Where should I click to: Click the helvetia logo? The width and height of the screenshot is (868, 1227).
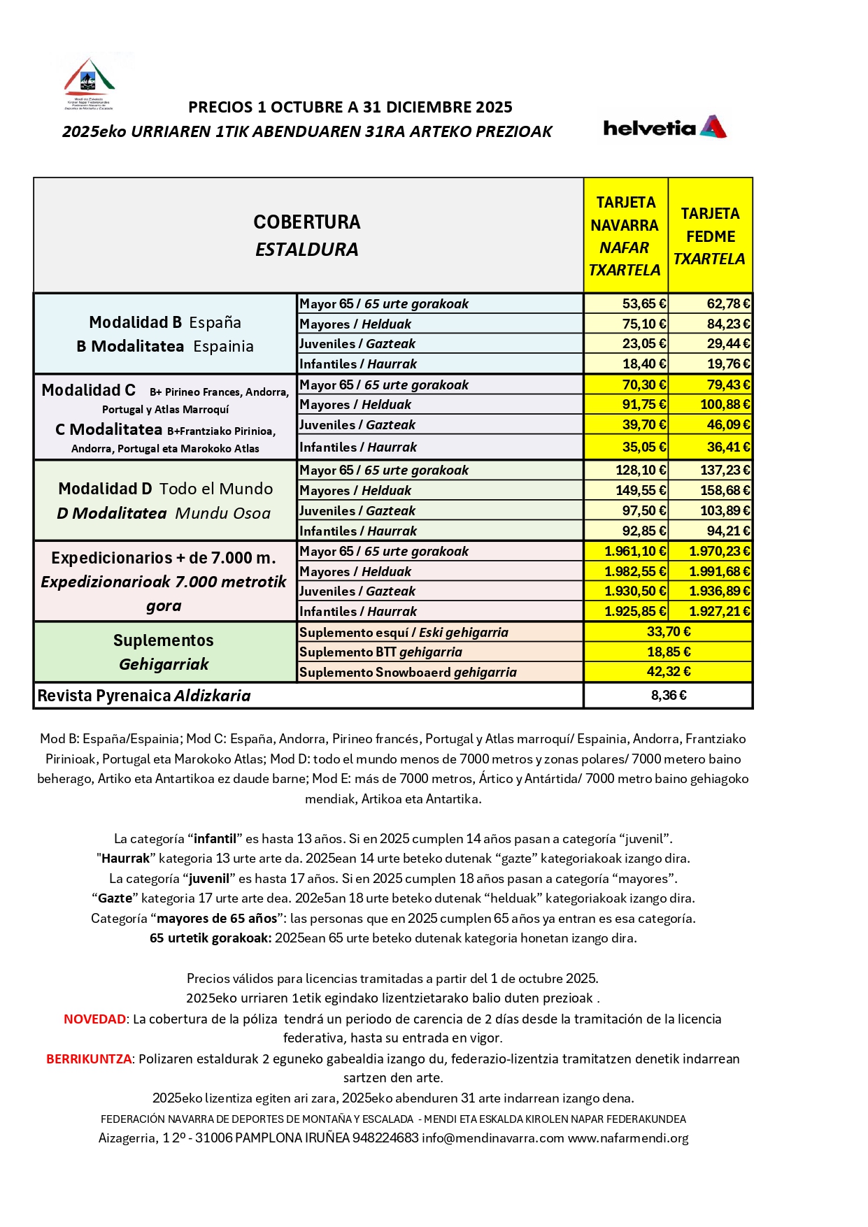click(664, 127)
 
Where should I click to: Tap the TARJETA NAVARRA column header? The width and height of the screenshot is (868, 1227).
click(625, 236)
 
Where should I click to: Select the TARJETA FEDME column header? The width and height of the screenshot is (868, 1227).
click(710, 236)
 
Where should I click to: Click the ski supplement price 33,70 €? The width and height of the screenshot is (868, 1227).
click(669, 631)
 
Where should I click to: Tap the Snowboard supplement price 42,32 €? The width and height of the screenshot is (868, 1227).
click(669, 671)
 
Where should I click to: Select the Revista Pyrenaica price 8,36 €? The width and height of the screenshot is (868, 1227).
click(669, 695)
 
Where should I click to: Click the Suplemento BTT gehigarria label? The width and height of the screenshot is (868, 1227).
click(380, 652)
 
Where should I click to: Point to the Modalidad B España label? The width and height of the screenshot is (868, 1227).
click(165, 322)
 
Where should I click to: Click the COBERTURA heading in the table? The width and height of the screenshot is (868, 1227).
click(306, 222)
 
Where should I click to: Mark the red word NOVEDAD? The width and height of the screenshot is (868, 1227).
click(95, 1019)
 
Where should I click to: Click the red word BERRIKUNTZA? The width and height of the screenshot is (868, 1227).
click(89, 1059)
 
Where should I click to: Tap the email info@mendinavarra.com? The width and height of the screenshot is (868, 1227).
click(493, 1138)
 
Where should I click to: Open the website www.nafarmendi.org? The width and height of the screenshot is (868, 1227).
click(628, 1138)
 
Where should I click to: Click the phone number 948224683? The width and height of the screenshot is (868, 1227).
click(385, 1138)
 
